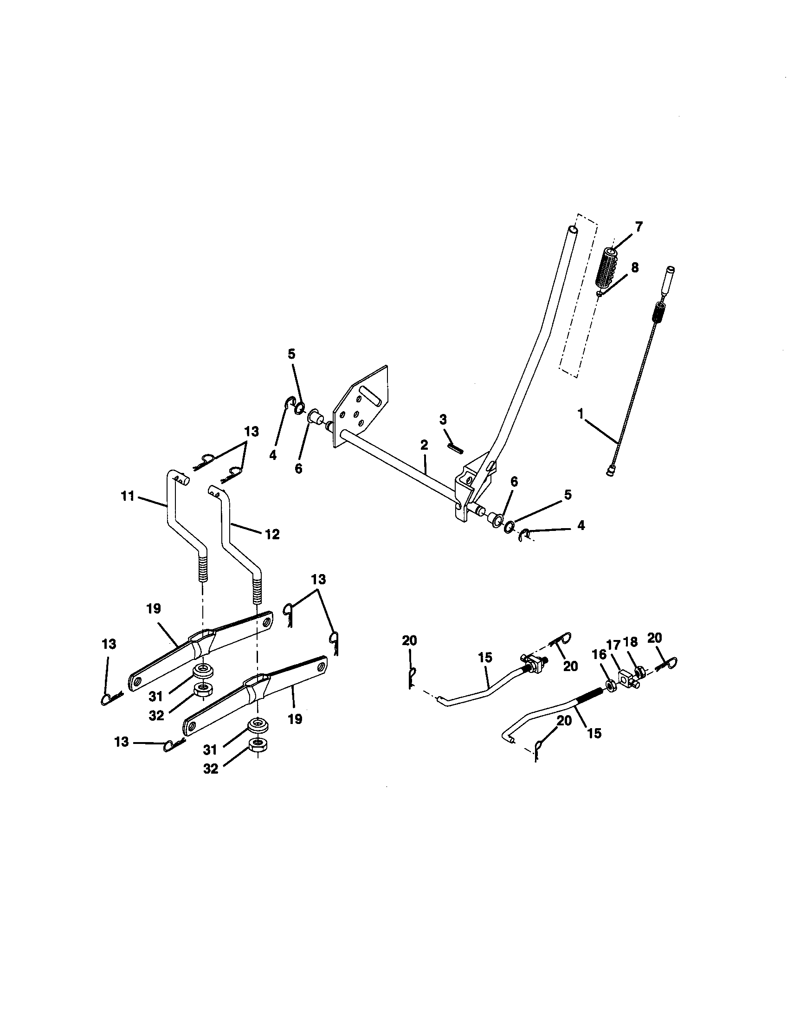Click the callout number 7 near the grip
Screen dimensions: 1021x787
pos(639,227)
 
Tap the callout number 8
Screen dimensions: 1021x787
pos(634,268)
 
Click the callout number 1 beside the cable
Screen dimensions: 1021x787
pos(581,414)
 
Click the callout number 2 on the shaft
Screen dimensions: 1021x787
pos(424,445)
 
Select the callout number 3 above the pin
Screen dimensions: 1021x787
pos(443,420)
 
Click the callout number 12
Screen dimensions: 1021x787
pos(272,534)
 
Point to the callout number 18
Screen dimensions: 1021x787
pos(631,642)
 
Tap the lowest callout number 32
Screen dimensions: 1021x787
pos(211,769)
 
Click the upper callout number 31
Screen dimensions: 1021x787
pos(156,696)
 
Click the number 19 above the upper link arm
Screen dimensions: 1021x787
pos(153,608)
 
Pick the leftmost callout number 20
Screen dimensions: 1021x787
pos(409,640)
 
